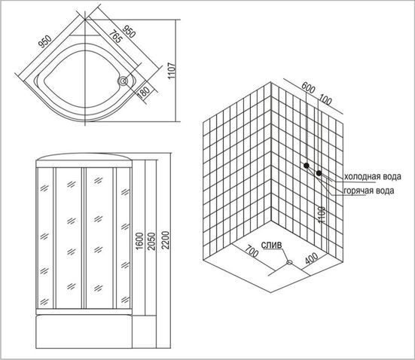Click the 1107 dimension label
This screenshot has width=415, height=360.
tap(172, 70)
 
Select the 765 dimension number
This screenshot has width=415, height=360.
tap(116, 37)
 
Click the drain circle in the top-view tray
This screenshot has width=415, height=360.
tap(124, 81)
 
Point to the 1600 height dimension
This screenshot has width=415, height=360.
tap(139, 240)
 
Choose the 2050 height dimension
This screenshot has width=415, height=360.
tap(151, 241)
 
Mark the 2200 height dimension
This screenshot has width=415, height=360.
tap(166, 240)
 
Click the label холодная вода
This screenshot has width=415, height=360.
tap(372, 176)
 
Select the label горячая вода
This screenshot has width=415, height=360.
tap(369, 191)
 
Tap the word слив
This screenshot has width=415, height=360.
tap(272, 246)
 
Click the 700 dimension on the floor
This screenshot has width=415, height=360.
tap(251, 252)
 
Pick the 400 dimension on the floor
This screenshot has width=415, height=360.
tap(312, 258)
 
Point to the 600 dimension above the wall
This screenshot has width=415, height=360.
tap(308, 87)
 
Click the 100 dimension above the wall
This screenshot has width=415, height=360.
tap(325, 99)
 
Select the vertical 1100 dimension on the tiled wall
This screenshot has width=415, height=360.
tap(322, 215)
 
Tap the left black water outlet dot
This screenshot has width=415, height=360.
tap(307, 166)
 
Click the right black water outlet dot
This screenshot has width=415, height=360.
tap(319, 173)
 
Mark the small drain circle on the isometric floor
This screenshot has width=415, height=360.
tap(289, 263)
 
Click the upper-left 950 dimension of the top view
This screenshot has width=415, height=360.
tap(45, 41)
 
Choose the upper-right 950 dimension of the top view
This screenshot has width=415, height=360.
tap(130, 32)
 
